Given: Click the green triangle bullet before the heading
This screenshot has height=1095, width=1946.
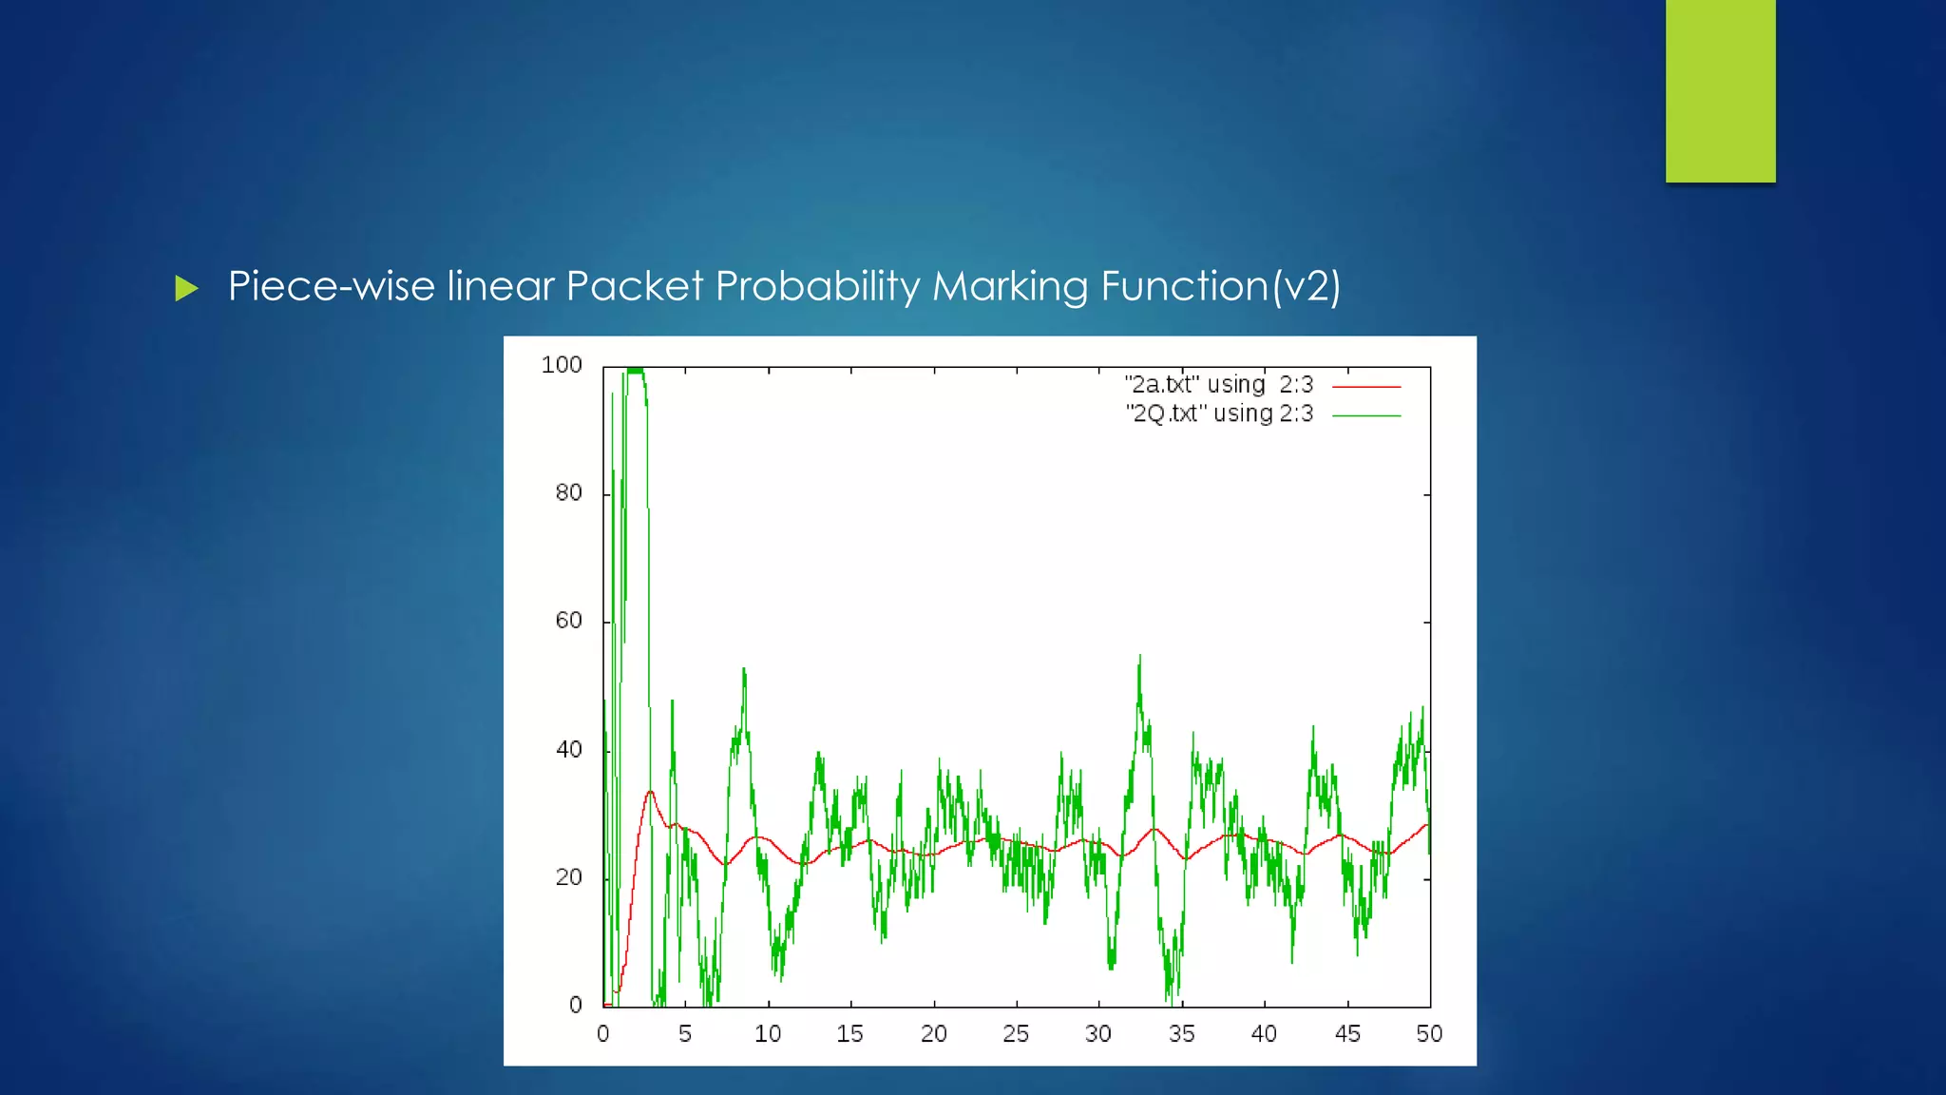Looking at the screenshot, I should [186, 288].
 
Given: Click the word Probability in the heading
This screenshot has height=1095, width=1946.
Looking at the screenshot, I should [817, 286].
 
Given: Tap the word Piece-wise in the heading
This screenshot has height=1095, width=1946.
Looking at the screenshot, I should [332, 286].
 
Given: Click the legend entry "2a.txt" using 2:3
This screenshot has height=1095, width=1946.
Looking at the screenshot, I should [1218, 385].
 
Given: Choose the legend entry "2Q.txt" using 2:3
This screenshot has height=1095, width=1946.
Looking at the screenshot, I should [1219, 413].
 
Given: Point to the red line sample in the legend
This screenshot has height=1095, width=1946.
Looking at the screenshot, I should [1366, 387].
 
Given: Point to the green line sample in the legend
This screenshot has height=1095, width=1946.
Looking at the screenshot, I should [1366, 415].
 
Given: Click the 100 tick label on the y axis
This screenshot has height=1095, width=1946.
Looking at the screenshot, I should [561, 365].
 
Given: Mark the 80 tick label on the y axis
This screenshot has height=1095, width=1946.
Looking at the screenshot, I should [568, 492].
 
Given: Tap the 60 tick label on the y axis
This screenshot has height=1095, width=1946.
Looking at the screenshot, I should [568, 621].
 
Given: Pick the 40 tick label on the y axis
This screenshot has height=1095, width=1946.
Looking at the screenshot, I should [568, 749].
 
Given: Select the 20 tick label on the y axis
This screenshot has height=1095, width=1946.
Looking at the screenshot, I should [568, 877].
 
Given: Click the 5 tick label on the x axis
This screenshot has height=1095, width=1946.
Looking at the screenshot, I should [685, 1034].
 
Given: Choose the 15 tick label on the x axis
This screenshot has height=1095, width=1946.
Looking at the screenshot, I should [850, 1034].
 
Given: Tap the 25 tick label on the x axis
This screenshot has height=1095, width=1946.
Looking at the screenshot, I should [1016, 1034].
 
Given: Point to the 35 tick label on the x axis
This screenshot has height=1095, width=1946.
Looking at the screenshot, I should [1181, 1034].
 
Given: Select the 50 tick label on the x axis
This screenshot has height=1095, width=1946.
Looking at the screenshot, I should [1429, 1034].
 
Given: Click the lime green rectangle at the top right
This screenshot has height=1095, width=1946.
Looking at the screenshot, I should [1720, 90].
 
